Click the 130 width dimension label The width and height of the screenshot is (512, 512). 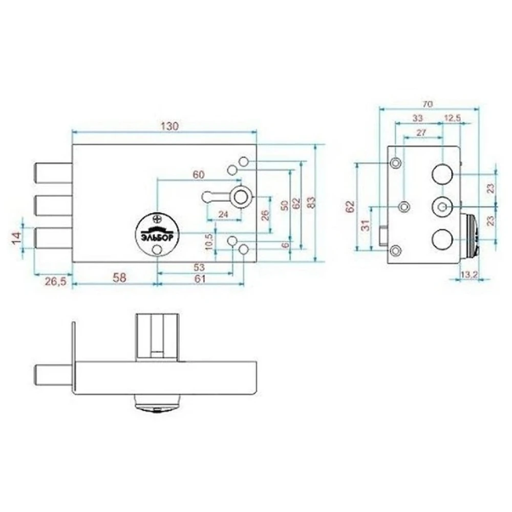(170, 126)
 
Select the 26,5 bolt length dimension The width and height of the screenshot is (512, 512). (55, 281)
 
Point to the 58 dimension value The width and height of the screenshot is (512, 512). (119, 278)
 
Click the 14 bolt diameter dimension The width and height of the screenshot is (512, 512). (17, 237)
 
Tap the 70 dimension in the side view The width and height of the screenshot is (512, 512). (428, 104)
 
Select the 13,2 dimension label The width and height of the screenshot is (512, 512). (469, 275)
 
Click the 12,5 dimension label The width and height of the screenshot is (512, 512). (452, 118)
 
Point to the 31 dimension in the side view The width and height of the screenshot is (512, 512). (367, 225)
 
